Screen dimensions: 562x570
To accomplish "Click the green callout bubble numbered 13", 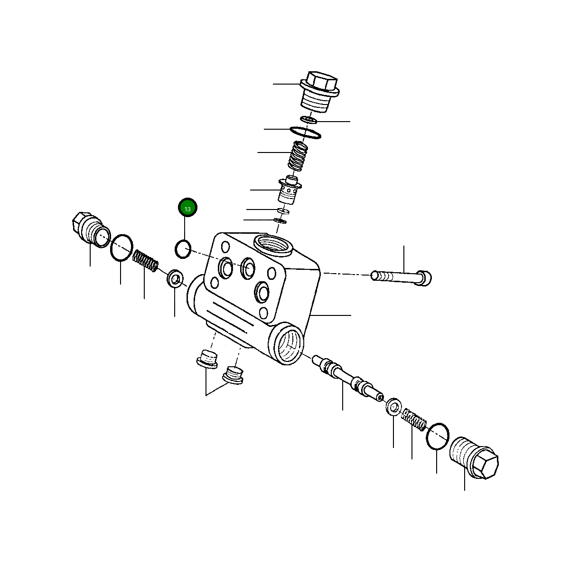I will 187,208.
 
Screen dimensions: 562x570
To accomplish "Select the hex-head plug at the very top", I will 319,92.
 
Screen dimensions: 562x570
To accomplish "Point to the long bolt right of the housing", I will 402,277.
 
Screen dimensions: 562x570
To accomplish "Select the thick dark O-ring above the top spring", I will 305,133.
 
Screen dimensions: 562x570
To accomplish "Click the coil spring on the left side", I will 145,261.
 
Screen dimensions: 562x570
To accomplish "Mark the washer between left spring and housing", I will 176,278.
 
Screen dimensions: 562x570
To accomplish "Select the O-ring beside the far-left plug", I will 121,248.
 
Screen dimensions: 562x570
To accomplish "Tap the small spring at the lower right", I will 414,419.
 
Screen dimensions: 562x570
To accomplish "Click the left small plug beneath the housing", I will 206,359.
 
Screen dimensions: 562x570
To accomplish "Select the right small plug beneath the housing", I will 233,374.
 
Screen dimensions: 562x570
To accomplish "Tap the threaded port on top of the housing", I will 274,244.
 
